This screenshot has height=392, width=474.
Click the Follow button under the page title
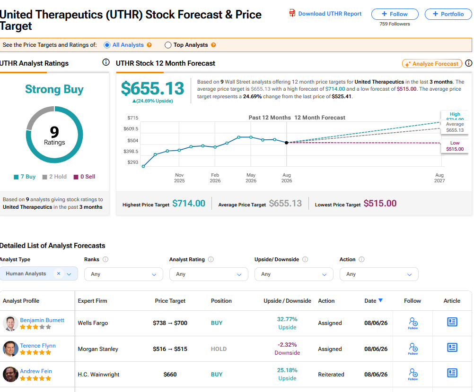click(x=395, y=14)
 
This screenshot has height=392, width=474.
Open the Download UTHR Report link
click(x=325, y=14)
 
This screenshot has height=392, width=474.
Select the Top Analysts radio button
click(x=168, y=45)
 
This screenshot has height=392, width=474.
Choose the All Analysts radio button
click(x=107, y=45)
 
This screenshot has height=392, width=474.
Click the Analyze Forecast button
click(x=432, y=64)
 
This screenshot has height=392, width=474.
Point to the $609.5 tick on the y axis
click(x=131, y=129)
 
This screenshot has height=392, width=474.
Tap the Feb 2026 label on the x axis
click(x=215, y=178)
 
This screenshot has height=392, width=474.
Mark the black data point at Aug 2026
click(x=287, y=143)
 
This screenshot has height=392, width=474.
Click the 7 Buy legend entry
click(x=25, y=177)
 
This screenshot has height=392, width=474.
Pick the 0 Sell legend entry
click(x=85, y=177)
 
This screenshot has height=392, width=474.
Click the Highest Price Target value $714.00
click(x=189, y=204)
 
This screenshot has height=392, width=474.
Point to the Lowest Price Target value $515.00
click(x=380, y=204)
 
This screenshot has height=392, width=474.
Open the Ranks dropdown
click(x=123, y=274)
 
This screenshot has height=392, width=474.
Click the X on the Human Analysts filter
click(x=59, y=273)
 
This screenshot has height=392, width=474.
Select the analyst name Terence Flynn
click(x=38, y=346)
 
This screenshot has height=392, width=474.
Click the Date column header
click(x=374, y=301)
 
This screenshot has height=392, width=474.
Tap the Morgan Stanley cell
click(x=98, y=349)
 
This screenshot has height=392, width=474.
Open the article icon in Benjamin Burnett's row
click(x=452, y=322)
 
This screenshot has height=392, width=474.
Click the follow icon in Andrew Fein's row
click(x=413, y=374)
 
